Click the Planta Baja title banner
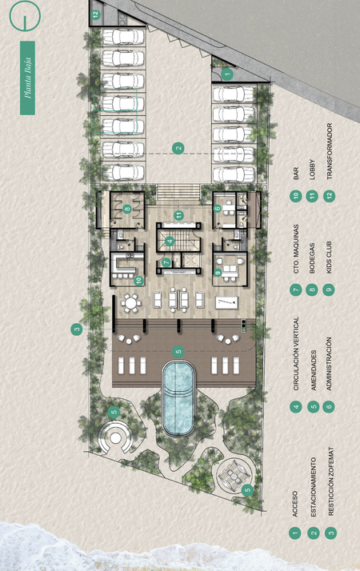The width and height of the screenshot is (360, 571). coord(28,78)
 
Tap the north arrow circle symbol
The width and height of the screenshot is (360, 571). coord(25,15)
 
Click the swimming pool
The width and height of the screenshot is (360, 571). coord(178,397)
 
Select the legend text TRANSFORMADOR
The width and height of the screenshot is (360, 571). coord(330,151)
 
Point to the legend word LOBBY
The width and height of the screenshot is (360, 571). coord(312,170)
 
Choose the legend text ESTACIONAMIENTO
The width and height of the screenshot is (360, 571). coord(313,487)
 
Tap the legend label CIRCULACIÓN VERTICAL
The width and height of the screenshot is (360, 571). coord(296,353)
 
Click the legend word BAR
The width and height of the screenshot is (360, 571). coord(295,174)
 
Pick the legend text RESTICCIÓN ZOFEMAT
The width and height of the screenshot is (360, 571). coord(330,481)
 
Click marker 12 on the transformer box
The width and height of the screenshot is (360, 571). coord(95,15)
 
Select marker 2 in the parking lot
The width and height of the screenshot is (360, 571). coord(178,148)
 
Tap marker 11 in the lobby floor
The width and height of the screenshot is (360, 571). coord(178,215)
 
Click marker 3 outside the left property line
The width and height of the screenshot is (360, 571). coord(77,330)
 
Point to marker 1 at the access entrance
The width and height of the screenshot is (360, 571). coord(227,74)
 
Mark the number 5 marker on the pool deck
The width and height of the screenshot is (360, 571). coord(178,352)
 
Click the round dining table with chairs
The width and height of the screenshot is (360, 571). coord(131,303)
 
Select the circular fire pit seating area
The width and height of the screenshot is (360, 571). coord(115,437)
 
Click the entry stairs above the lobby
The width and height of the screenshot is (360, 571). coord(178,192)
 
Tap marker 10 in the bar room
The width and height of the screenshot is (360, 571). coord(138,281)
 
